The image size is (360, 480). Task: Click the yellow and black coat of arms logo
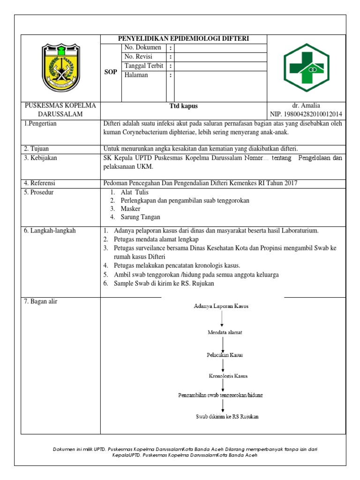click(61, 67)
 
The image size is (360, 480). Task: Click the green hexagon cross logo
click(307, 67)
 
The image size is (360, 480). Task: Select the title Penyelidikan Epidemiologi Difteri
click(184, 39)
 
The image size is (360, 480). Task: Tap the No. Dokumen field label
click(143, 48)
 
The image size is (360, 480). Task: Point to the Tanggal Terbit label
click(143, 66)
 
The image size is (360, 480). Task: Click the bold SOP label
click(111, 72)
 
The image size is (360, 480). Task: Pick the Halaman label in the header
click(136, 75)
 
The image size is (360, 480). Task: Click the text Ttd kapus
click(183, 106)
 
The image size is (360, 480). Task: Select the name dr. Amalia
click(306, 106)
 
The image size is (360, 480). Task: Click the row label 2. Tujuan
click(37, 149)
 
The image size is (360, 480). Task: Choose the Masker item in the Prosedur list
click(130, 209)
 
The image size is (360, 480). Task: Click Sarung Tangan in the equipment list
click(140, 217)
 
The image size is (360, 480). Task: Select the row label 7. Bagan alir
click(41, 301)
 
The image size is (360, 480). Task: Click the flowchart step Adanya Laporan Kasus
click(221, 306)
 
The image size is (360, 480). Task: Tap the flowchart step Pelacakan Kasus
click(225, 355)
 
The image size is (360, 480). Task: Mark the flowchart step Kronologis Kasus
click(228, 376)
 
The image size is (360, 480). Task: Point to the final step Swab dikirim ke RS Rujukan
click(227, 416)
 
